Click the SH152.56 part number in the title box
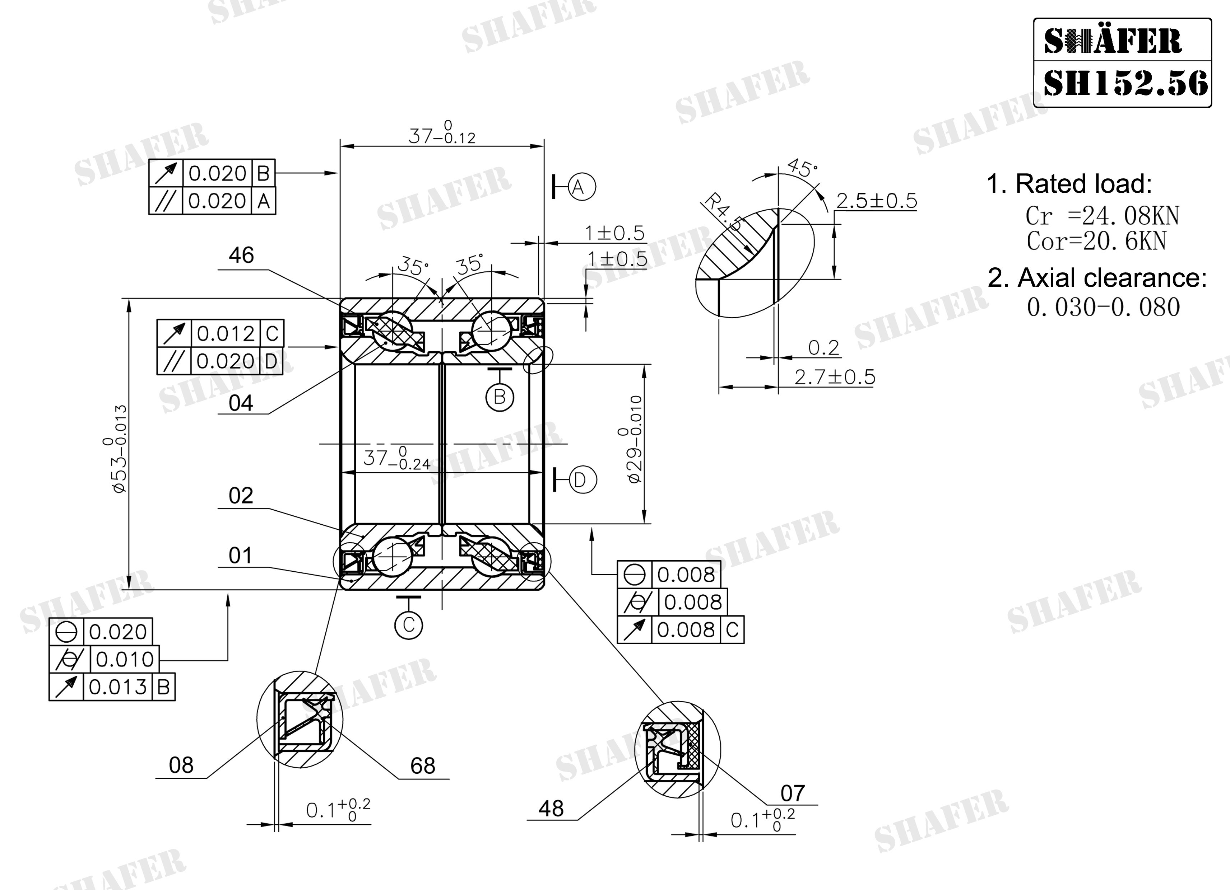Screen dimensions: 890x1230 (1125, 84)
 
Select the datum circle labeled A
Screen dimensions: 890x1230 (582, 187)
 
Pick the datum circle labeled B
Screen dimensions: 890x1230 (500, 397)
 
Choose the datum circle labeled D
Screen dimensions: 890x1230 (583, 480)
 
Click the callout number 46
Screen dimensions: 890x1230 (241, 255)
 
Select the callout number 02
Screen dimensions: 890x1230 (241, 495)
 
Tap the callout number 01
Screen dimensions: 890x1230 (240, 555)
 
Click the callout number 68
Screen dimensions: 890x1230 (422, 765)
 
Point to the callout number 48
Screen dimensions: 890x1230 (551, 808)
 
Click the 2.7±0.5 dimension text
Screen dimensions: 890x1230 (835, 377)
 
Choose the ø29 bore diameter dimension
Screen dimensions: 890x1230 (631, 439)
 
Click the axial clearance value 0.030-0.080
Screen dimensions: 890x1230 (1103, 307)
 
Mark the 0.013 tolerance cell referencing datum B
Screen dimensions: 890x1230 (118, 687)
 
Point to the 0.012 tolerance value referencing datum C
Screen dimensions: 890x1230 (225, 333)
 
